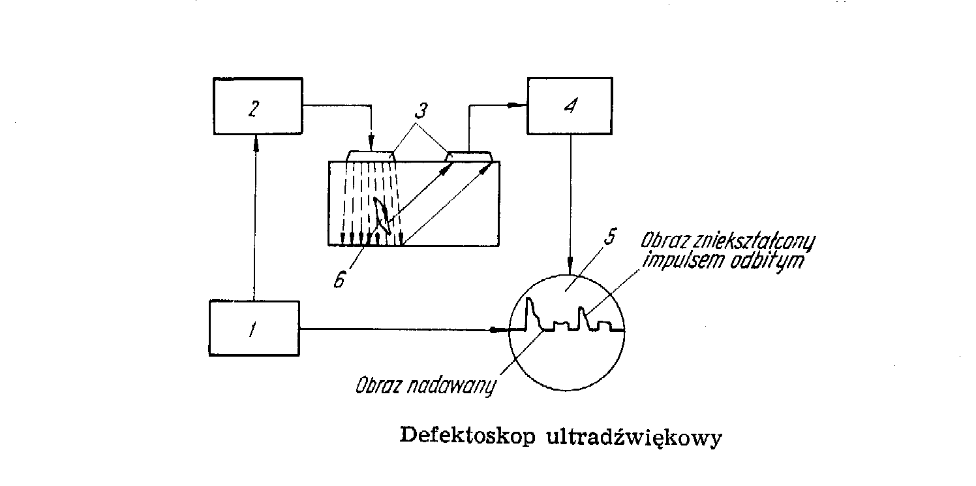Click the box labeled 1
pyautogui.click(x=254, y=328)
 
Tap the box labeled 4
pyautogui.click(x=570, y=106)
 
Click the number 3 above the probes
pyautogui.click(x=421, y=110)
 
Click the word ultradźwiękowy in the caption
pyautogui.click(x=632, y=437)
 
